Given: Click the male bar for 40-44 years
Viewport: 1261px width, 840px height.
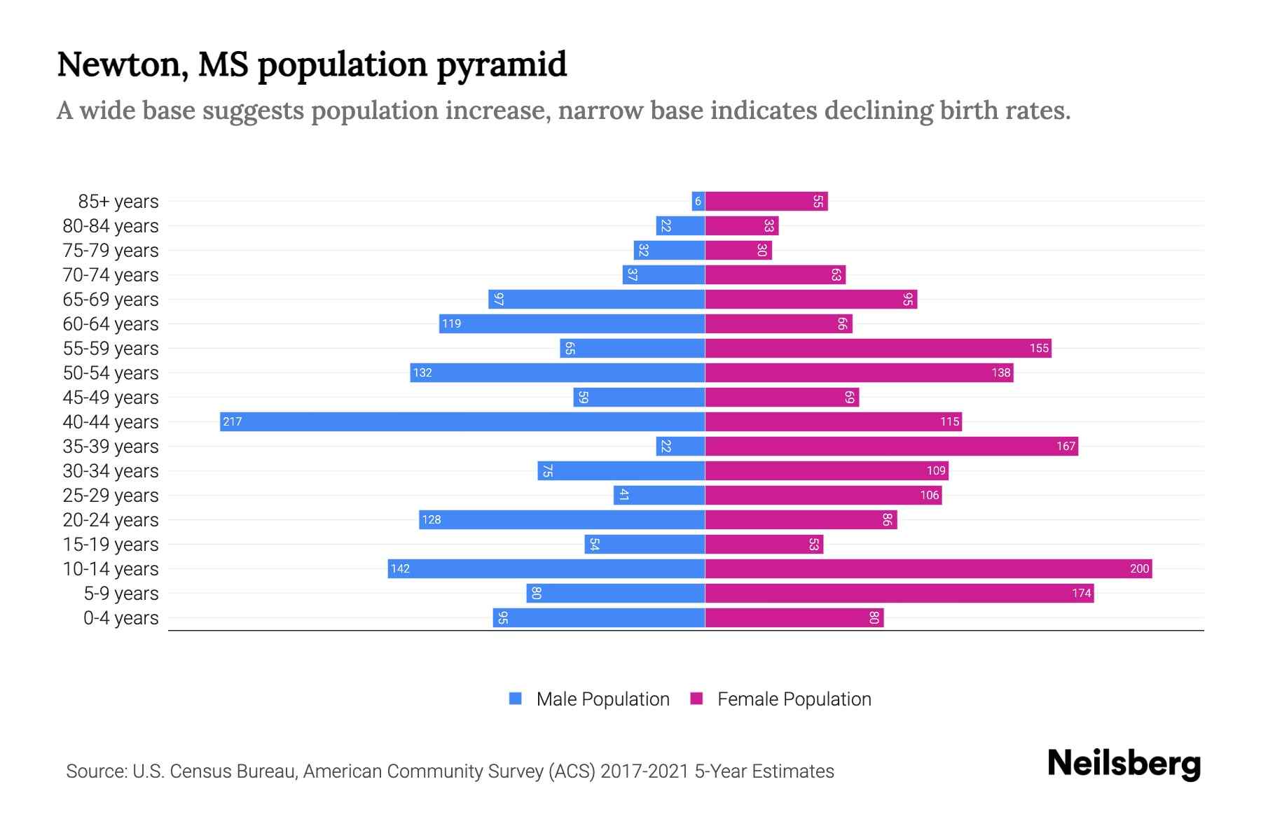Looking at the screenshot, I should pos(462,421).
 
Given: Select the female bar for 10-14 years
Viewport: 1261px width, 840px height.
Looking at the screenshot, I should pos(928,568).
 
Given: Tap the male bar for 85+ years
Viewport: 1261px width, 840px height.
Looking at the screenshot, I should pos(698,201).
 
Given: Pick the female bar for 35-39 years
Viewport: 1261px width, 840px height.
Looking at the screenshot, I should pos(891,446).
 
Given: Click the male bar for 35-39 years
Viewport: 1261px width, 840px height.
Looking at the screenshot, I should pos(680,446).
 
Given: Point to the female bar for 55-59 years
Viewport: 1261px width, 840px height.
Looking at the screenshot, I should pos(878,348).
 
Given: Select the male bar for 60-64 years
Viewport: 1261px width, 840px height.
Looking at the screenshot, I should pos(572,323).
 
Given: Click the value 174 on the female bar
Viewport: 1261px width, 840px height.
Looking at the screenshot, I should pos(1081,594).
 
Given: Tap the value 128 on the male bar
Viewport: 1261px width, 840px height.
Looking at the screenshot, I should pos(432,519).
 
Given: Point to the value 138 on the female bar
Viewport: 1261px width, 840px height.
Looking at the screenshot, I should pos(1001,372).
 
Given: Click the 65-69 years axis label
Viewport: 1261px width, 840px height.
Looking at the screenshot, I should pos(111,300).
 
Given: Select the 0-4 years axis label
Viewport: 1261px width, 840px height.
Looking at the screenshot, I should pos(120,618).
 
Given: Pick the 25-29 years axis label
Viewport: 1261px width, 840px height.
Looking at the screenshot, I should pos(111,496).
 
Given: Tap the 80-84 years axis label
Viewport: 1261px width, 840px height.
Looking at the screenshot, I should pos(111,226).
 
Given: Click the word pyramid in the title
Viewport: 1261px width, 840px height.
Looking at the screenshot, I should pos(502,65).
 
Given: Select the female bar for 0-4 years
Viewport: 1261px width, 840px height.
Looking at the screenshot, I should pos(794,617).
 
